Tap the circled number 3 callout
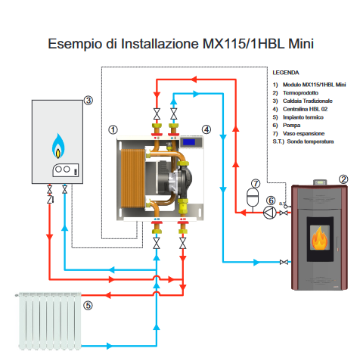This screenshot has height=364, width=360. tap(88, 100)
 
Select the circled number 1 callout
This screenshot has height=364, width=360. tap(113, 130)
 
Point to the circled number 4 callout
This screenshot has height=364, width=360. tap(206, 130)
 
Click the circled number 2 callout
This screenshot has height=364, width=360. tap(343, 179)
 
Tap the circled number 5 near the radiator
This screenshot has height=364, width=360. tap(88, 306)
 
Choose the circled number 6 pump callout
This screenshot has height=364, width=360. tap(270, 200)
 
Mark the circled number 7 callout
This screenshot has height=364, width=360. tap(255, 183)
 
